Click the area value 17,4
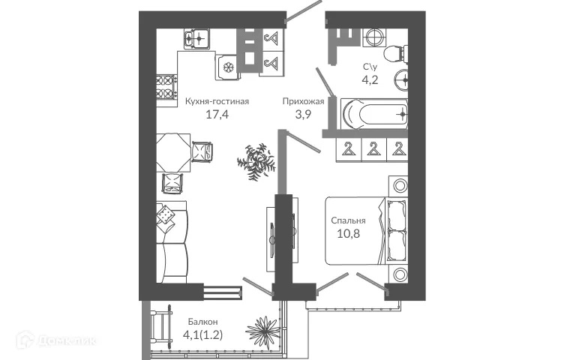217,115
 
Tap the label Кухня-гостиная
217,100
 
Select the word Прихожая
303,100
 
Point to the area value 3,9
302,115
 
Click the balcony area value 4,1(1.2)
204,337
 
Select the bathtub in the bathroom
373,114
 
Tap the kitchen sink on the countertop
196,34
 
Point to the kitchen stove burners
164,89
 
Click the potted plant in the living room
253,160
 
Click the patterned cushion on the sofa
165,217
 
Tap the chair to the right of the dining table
202,152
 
